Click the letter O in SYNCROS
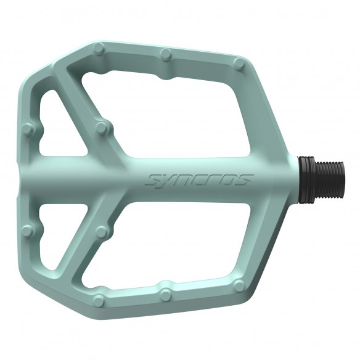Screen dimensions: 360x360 [235, 180]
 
